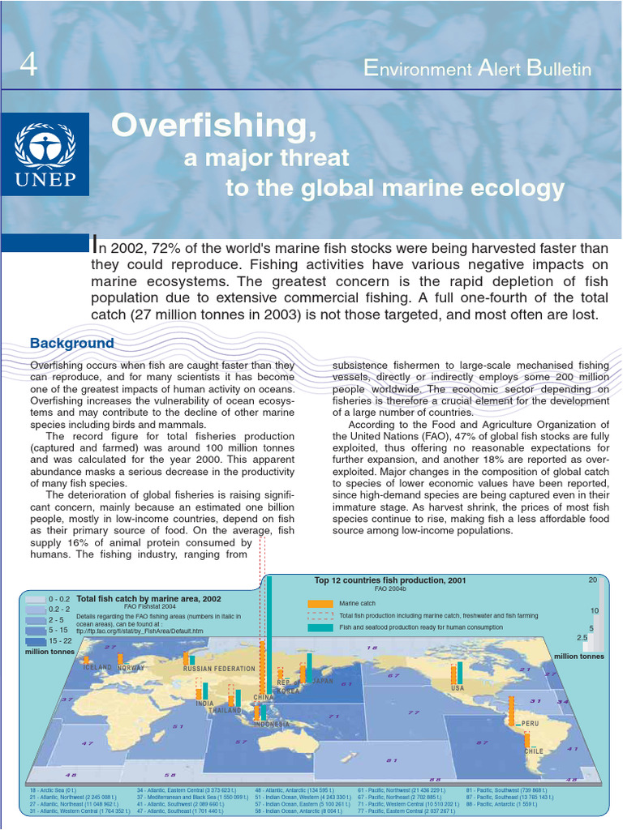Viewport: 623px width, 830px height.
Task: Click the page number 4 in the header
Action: [28, 66]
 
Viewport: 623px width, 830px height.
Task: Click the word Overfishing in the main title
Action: [213, 125]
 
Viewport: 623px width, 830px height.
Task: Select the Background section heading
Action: [72, 343]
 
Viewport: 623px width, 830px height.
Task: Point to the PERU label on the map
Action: [529, 724]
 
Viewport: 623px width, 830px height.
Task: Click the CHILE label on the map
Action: [533, 751]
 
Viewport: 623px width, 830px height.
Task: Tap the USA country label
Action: [458, 688]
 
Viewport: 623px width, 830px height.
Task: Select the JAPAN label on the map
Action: [323, 682]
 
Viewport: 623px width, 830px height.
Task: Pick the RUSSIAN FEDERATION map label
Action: [219, 669]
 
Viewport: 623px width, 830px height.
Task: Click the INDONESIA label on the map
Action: [272, 724]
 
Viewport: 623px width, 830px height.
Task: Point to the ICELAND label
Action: [97, 667]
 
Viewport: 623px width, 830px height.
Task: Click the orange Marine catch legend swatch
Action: [320, 604]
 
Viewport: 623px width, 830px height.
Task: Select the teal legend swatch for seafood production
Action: [320, 627]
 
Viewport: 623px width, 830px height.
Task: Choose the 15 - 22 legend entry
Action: [59, 640]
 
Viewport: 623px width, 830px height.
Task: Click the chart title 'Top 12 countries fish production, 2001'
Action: [390, 580]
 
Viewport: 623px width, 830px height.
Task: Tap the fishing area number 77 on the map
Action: [414, 712]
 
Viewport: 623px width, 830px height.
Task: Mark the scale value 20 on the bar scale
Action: [593, 580]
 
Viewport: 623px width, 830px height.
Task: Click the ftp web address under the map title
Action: [140, 631]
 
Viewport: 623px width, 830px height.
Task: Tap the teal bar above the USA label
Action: [460, 672]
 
